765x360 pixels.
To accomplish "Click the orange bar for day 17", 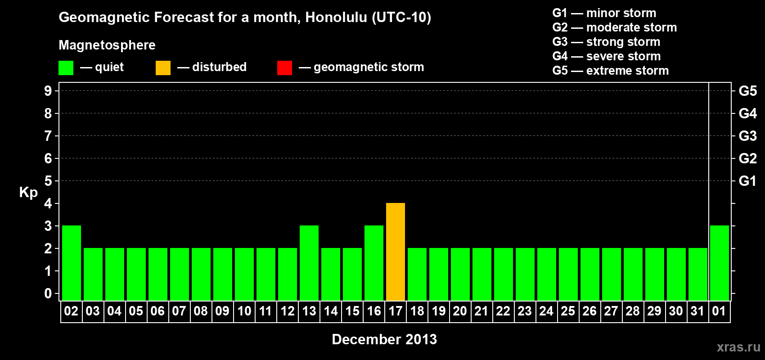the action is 396,252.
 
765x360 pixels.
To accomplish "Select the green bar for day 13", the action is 309,263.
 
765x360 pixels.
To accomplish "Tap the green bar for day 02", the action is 72,263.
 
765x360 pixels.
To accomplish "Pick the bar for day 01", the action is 719,263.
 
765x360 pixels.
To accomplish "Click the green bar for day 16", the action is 374,263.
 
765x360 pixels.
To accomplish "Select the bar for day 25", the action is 568,274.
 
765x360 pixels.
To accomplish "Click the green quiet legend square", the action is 66,67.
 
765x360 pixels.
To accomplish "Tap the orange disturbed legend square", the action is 163,67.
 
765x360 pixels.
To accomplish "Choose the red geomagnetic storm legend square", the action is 284,67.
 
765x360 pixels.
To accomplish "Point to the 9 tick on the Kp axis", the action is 48,91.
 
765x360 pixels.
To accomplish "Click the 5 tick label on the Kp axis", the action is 48,181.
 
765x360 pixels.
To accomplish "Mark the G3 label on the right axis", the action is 748,136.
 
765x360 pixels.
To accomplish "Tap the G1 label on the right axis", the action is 748,181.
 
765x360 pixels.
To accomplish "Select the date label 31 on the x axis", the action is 697,311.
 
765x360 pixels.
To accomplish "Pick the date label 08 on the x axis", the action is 201,311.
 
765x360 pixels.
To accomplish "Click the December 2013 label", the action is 384,339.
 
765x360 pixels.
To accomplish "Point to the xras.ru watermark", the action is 738,347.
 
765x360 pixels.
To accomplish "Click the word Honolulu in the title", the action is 337,17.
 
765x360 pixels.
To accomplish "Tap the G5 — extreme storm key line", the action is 610,71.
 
